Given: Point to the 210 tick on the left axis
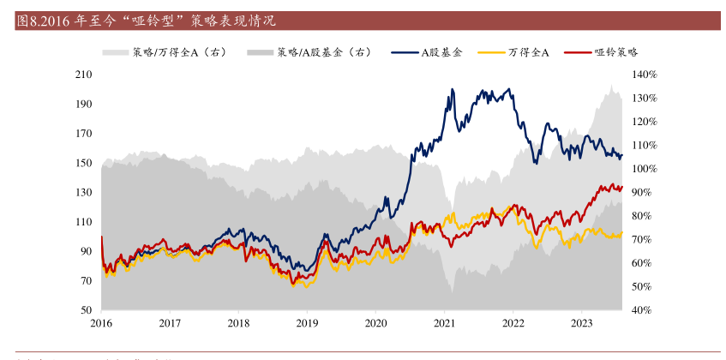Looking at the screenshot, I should tap(84, 75).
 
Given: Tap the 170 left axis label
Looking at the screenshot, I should tap(84, 134).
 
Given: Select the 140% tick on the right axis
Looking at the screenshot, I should tap(645, 75).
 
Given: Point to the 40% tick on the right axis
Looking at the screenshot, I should tap(643, 310).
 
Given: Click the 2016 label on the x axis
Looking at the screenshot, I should tap(101, 323).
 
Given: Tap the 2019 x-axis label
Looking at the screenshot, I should tap(307, 323).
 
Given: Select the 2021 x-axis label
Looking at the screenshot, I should tap(444, 323).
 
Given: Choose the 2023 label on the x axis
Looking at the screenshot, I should tap(581, 323).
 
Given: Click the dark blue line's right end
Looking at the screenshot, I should tap(621, 155).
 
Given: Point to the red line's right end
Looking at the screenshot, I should tap(621, 188).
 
